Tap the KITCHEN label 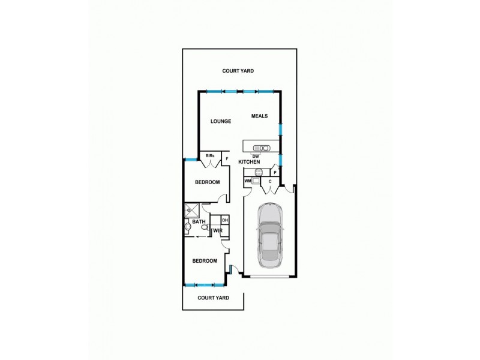click(x=249, y=163)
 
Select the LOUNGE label click(x=220, y=121)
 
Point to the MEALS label click(x=259, y=116)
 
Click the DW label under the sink click(x=255, y=156)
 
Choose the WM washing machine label click(x=247, y=181)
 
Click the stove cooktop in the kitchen click(x=259, y=172)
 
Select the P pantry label click(x=274, y=172)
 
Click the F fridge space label click(x=227, y=159)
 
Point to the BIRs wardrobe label click(x=210, y=156)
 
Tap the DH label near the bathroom click(x=224, y=221)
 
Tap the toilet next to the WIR click(x=187, y=227)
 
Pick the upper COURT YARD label click(x=238, y=71)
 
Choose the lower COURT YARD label click(x=214, y=298)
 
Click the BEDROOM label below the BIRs click(x=207, y=182)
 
